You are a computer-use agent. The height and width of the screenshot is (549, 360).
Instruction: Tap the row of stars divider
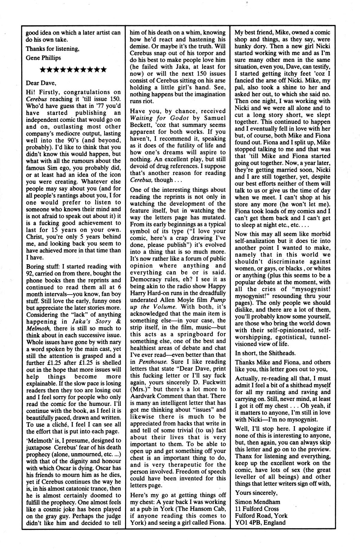tap(73, 70)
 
